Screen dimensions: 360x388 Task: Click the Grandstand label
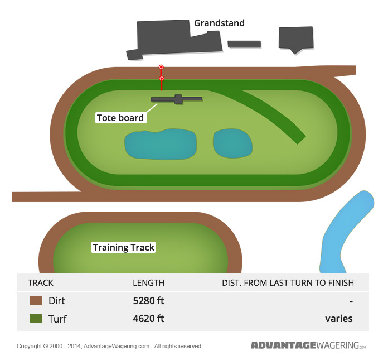(219, 23)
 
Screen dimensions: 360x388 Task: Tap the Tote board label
(120, 118)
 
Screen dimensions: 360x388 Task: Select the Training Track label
(123, 247)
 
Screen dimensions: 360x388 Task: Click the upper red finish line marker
(161, 67)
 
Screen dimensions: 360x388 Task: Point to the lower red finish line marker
(162, 79)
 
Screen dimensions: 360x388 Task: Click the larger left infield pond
(160, 144)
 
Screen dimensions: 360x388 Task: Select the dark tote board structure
(177, 99)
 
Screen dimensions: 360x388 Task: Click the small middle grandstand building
(244, 44)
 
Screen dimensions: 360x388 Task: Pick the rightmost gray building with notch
(295, 39)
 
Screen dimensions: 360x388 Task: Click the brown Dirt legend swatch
(36, 301)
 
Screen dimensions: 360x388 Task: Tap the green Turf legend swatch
(36, 319)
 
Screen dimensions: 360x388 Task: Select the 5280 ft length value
(148, 301)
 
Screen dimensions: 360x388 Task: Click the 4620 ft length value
(148, 319)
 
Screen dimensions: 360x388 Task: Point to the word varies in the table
(338, 319)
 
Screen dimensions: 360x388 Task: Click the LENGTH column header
(148, 283)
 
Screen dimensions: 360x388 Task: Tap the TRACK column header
(41, 283)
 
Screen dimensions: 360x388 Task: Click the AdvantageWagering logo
(308, 345)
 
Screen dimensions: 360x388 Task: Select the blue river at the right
(346, 229)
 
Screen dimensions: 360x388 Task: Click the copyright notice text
(110, 346)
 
